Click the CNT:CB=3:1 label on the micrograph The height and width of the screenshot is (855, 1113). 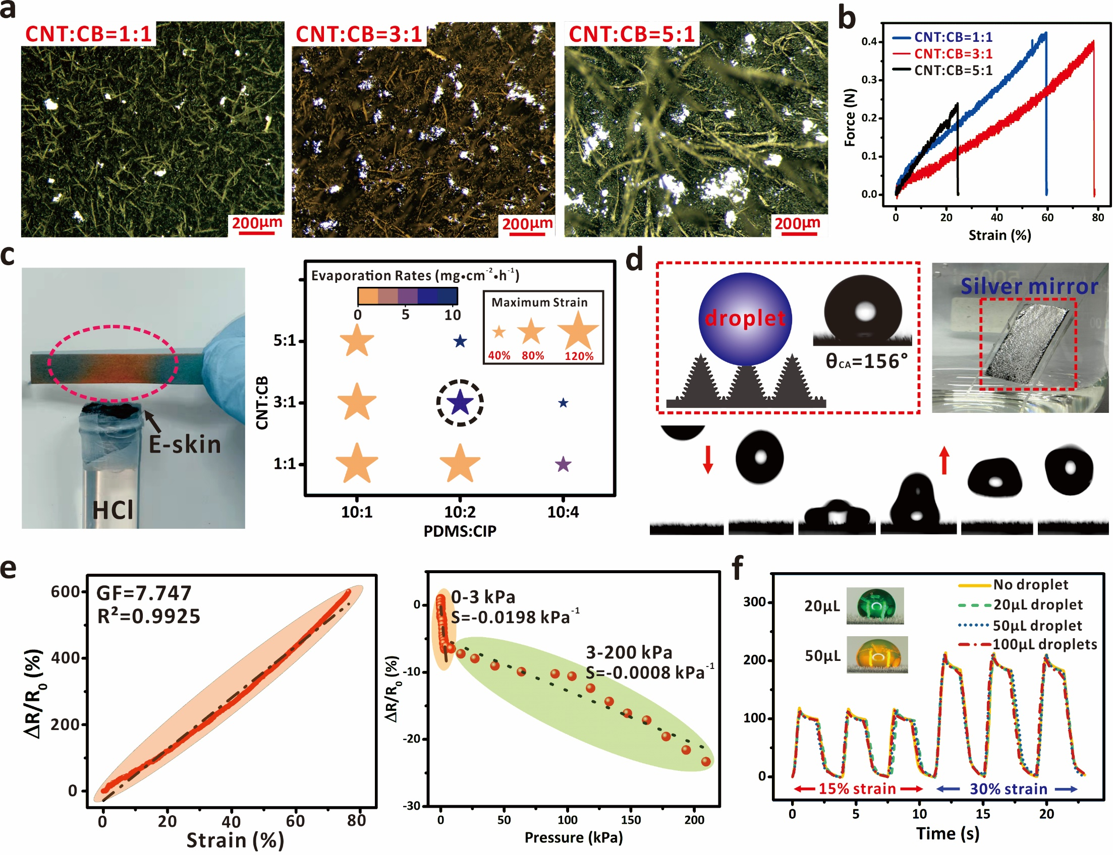pyautogui.click(x=359, y=35)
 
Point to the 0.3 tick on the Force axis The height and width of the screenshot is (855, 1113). pyautogui.click(x=869, y=80)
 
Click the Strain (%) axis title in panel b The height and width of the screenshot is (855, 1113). pyautogui.click(x=999, y=235)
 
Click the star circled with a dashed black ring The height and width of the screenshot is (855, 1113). pyautogui.click(x=460, y=403)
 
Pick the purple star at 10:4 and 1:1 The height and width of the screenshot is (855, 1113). pyautogui.click(x=563, y=464)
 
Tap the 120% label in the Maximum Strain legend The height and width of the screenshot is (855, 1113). pyautogui.click(x=579, y=356)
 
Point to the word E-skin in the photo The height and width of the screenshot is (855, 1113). pyautogui.click(x=184, y=444)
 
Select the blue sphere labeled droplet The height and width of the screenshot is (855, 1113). pyautogui.click(x=745, y=319)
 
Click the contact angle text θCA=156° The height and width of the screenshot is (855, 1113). pyautogui.click(x=866, y=361)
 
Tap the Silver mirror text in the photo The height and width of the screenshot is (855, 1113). pyautogui.click(x=1029, y=286)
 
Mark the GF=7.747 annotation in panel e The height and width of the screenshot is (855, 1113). pyautogui.click(x=144, y=593)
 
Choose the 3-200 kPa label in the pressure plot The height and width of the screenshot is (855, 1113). pyautogui.click(x=629, y=652)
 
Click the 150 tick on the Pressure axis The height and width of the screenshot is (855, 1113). pyautogui.click(x=631, y=820)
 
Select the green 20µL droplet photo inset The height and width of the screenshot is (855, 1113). pyautogui.click(x=875, y=605)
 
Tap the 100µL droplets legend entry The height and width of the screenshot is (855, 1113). pyautogui.click(x=1044, y=644)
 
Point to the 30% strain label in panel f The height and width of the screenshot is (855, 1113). pyautogui.click(x=1008, y=789)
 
